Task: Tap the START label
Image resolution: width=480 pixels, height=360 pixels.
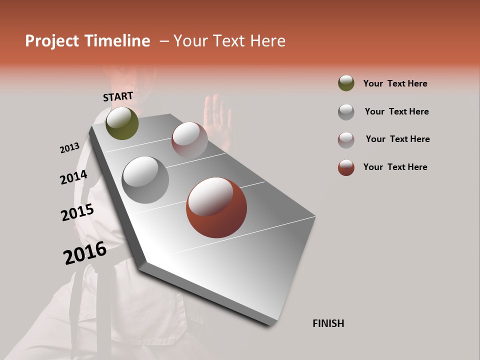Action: click(x=118, y=96)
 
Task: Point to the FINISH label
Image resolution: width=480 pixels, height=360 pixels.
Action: click(x=328, y=323)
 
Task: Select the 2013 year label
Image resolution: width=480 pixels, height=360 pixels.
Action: click(x=70, y=148)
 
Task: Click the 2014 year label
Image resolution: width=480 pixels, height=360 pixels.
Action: click(x=73, y=177)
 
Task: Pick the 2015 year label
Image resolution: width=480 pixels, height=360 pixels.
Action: click(x=77, y=212)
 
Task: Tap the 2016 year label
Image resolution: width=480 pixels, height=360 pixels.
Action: click(x=85, y=252)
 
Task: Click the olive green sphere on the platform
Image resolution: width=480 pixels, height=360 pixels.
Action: click(x=122, y=123)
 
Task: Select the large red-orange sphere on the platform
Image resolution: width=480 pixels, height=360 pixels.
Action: click(x=216, y=207)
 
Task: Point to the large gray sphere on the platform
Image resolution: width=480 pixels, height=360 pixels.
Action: click(x=145, y=180)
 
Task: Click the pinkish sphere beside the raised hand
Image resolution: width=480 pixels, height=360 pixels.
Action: click(x=189, y=139)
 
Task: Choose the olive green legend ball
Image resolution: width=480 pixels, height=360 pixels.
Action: click(x=346, y=83)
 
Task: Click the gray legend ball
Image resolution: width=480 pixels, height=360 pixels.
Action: click(x=346, y=111)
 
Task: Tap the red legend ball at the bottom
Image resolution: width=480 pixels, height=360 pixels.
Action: click(x=346, y=167)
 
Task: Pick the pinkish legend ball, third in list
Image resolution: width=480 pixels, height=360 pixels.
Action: click(x=346, y=139)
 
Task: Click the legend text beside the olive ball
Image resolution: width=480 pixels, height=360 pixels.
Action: click(x=395, y=83)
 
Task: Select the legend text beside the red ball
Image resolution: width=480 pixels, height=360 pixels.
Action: click(x=395, y=167)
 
